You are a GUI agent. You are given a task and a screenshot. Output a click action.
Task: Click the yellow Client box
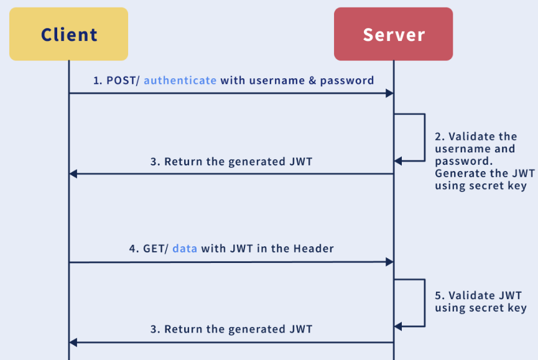click(x=68, y=34)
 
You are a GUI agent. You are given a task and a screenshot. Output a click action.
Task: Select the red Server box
click(x=393, y=34)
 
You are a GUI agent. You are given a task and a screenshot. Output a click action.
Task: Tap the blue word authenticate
click(x=180, y=80)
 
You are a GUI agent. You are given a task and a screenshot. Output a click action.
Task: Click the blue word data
click(x=185, y=248)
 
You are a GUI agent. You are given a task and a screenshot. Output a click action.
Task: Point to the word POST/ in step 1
click(x=123, y=80)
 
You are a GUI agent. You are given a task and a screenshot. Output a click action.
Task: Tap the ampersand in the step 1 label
click(x=311, y=80)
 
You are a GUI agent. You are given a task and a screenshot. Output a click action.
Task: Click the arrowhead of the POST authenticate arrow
click(x=389, y=93)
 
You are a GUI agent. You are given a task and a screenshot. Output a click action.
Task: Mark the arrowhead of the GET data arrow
click(x=389, y=262)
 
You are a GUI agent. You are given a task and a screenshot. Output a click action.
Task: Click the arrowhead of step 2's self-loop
click(x=398, y=161)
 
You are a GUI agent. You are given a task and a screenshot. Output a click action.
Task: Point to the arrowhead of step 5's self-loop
click(x=398, y=326)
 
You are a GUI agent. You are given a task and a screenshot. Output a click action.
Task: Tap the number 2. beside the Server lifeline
click(x=440, y=136)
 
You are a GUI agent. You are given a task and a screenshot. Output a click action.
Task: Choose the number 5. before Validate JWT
click(x=440, y=295)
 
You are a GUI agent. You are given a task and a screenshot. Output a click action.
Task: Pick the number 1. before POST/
click(x=97, y=80)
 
